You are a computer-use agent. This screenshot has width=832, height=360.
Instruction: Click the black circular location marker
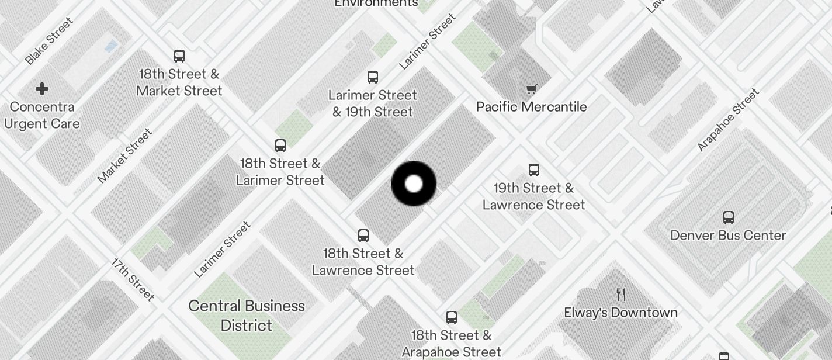pyautogui.click(x=414, y=184)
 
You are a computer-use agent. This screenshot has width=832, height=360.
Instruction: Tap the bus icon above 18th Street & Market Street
pyautogui.click(x=179, y=56)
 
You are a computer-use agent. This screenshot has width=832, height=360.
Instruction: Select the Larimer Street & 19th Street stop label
pyautogui.click(x=373, y=103)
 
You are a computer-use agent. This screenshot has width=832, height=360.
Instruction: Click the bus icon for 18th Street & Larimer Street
pyautogui.click(x=280, y=146)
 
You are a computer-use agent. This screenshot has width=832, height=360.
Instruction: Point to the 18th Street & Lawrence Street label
pyautogui.click(x=363, y=262)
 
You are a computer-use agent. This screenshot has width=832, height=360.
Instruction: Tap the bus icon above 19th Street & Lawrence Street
pyautogui.click(x=534, y=170)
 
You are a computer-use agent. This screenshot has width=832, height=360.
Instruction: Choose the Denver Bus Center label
pyautogui.click(x=728, y=236)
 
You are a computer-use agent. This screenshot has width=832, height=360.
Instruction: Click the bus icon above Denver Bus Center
pyautogui.click(x=729, y=217)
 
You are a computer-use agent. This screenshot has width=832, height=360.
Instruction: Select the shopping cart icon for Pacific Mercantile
pyautogui.click(x=531, y=89)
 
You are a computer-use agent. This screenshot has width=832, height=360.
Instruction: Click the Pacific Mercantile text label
pyautogui.click(x=531, y=107)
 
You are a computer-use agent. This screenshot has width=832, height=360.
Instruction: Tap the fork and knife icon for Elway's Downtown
pyautogui.click(x=621, y=295)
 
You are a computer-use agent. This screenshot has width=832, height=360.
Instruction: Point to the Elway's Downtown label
pyautogui.click(x=620, y=313)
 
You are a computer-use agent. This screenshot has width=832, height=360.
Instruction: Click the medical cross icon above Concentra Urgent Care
pyautogui.click(x=42, y=89)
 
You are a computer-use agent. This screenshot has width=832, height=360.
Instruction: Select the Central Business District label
pyautogui.click(x=247, y=316)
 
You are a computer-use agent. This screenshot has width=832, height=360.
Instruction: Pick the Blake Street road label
pyautogui.click(x=50, y=41)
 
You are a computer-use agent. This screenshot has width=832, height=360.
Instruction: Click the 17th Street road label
pyautogui.click(x=133, y=280)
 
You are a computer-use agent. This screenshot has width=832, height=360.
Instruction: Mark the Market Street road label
pyautogui.click(x=124, y=155)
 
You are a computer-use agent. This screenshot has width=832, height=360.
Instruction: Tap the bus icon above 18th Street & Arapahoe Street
pyautogui.click(x=452, y=317)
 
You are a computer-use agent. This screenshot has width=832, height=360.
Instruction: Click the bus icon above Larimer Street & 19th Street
pyautogui.click(x=373, y=77)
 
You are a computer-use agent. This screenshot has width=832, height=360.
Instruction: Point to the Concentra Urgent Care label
pyautogui.click(x=41, y=115)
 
